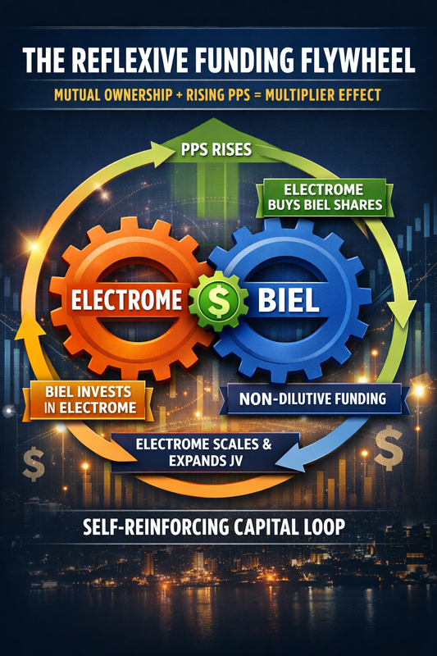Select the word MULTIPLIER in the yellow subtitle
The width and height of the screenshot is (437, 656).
pos(296,95)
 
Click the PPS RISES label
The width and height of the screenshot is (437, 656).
pos(216,149)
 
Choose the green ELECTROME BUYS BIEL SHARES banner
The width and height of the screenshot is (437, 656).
pos(325,198)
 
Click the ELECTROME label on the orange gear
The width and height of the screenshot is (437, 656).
pos(127,300)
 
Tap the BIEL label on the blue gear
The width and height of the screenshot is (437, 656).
pos(289,299)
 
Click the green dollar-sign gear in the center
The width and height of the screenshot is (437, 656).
pos(217,301)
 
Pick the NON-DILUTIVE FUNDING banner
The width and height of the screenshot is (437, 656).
pos(312,399)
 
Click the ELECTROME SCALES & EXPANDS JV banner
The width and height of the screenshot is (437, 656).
pos(203,453)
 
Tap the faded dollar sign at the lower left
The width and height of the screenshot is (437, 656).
pos(34,463)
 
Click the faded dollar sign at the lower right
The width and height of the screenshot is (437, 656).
pos(389,448)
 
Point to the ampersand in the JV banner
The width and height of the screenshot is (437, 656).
pos(266,444)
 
